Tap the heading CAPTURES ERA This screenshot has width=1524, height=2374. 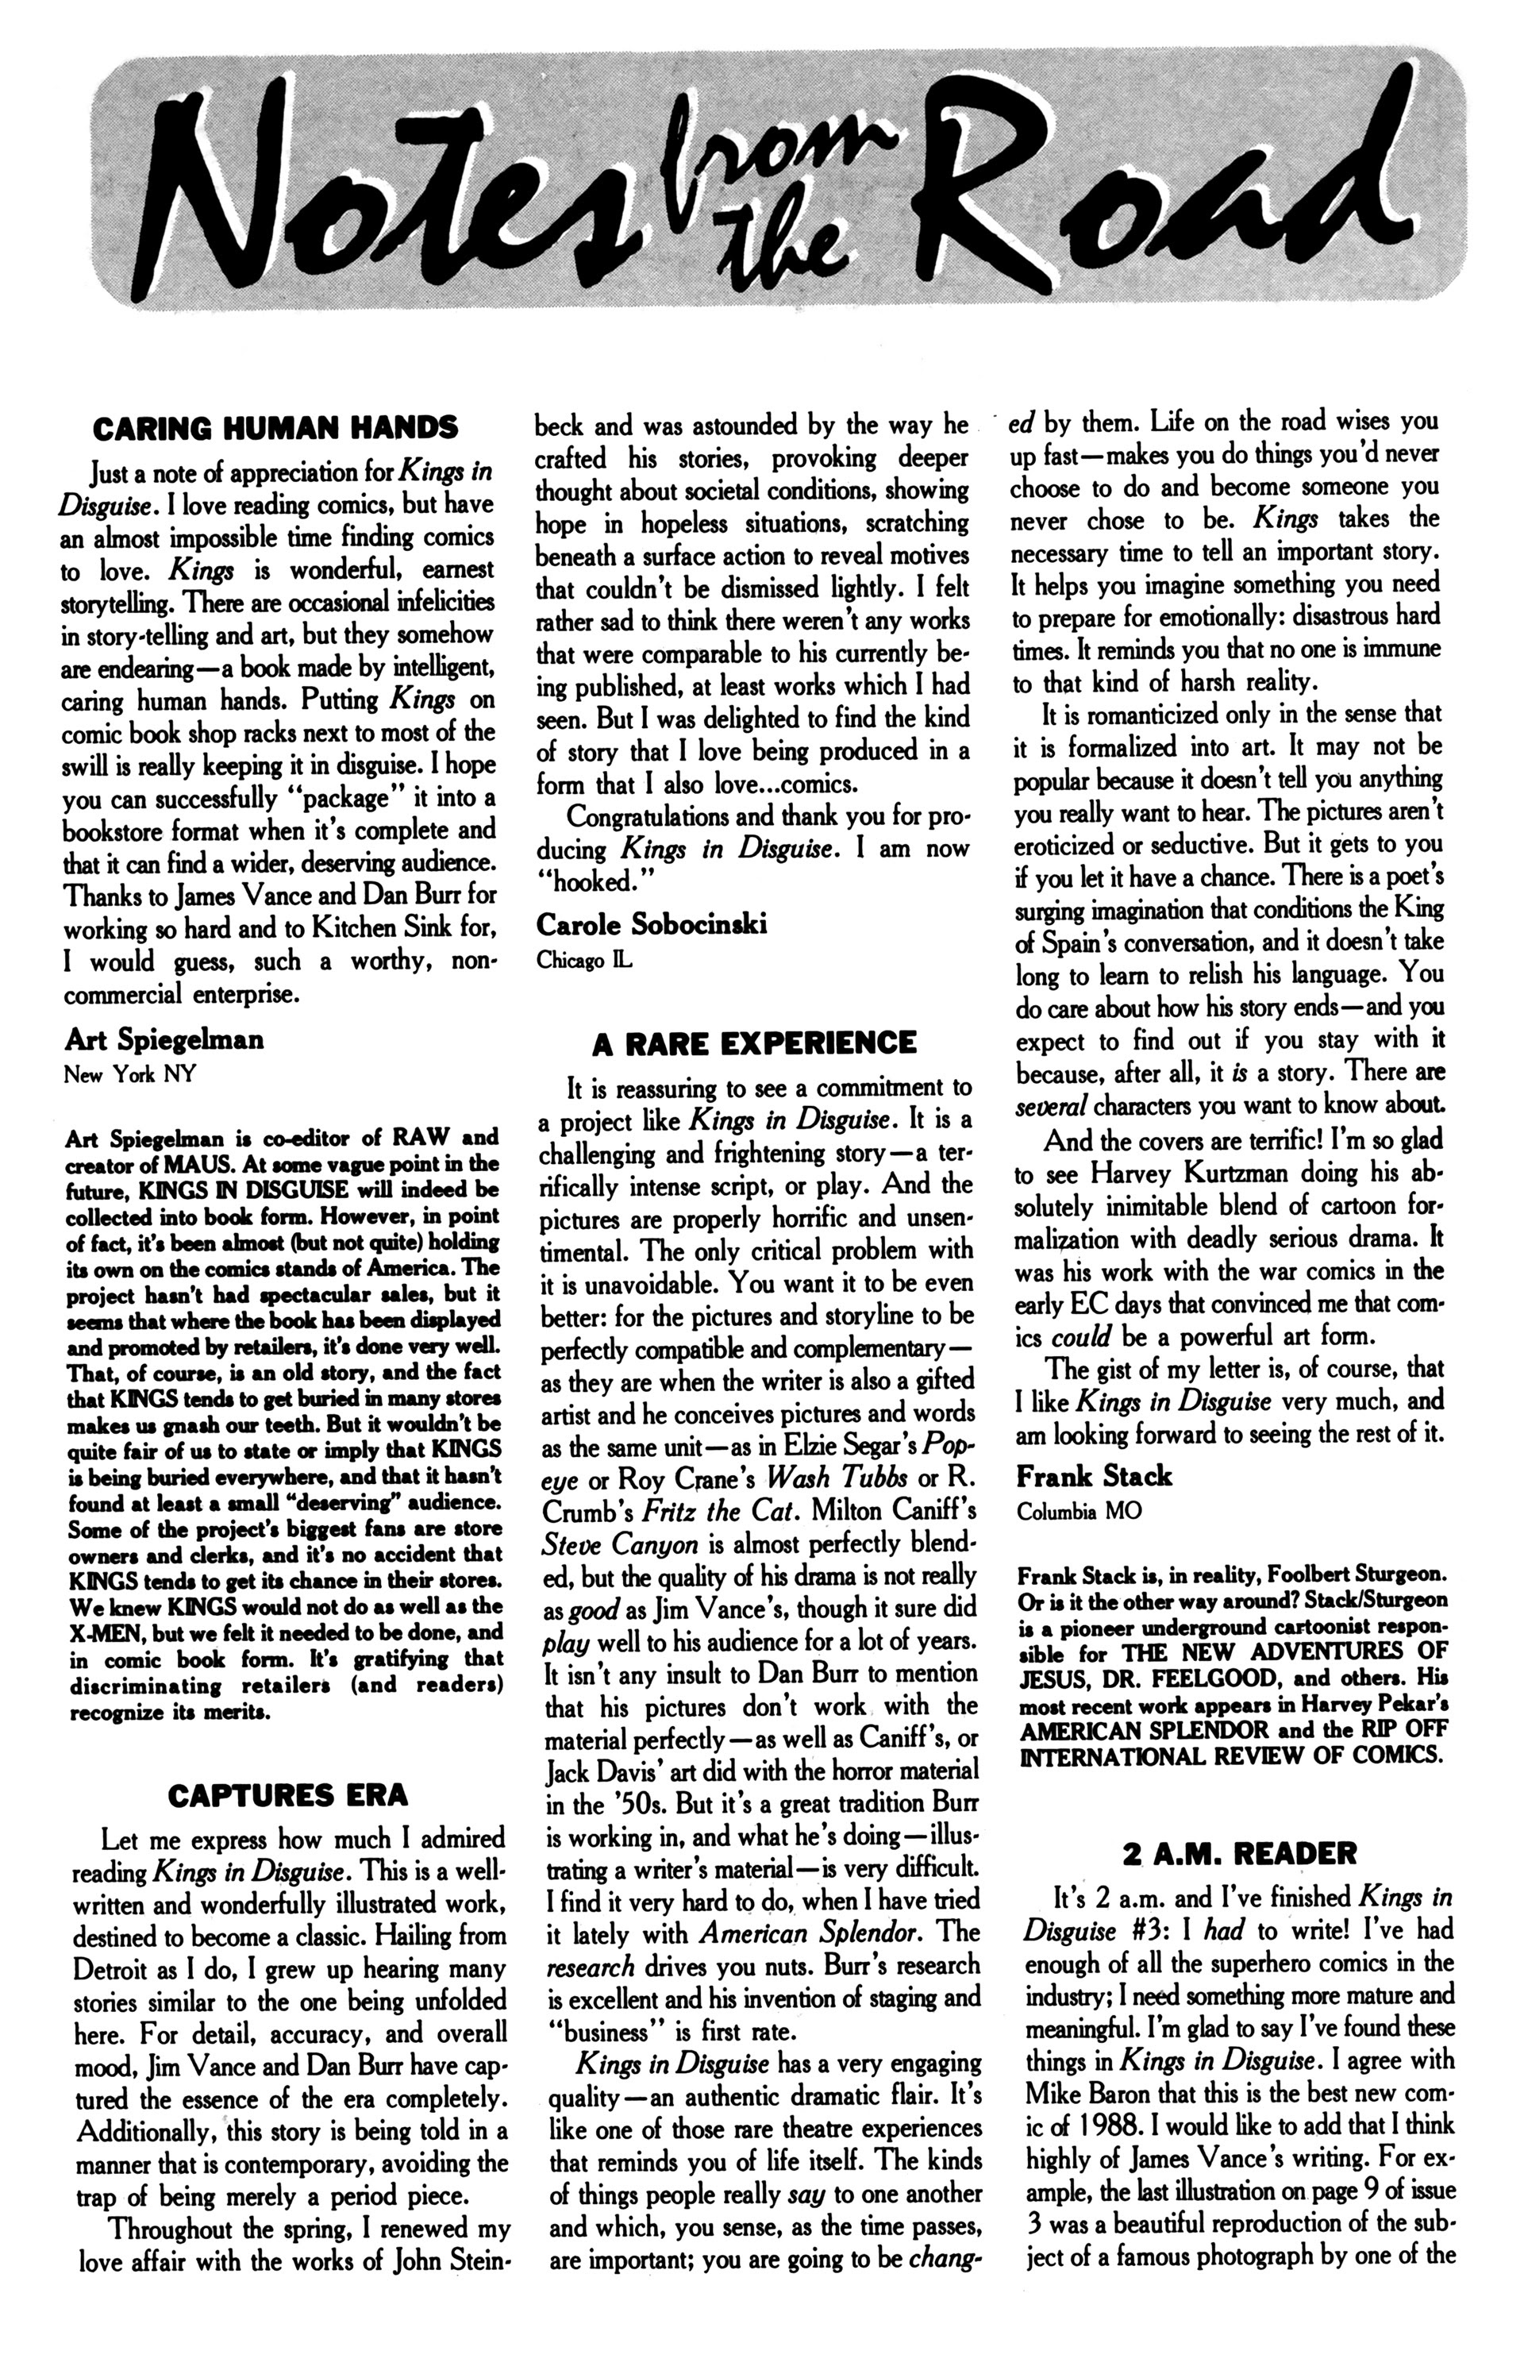click(x=287, y=1794)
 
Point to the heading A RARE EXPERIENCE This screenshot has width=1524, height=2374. click(x=754, y=1043)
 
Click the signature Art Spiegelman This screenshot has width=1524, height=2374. click(x=164, y=1039)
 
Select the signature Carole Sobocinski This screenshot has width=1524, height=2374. click(x=651, y=924)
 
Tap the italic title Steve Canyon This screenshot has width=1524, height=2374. click(x=621, y=1543)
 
